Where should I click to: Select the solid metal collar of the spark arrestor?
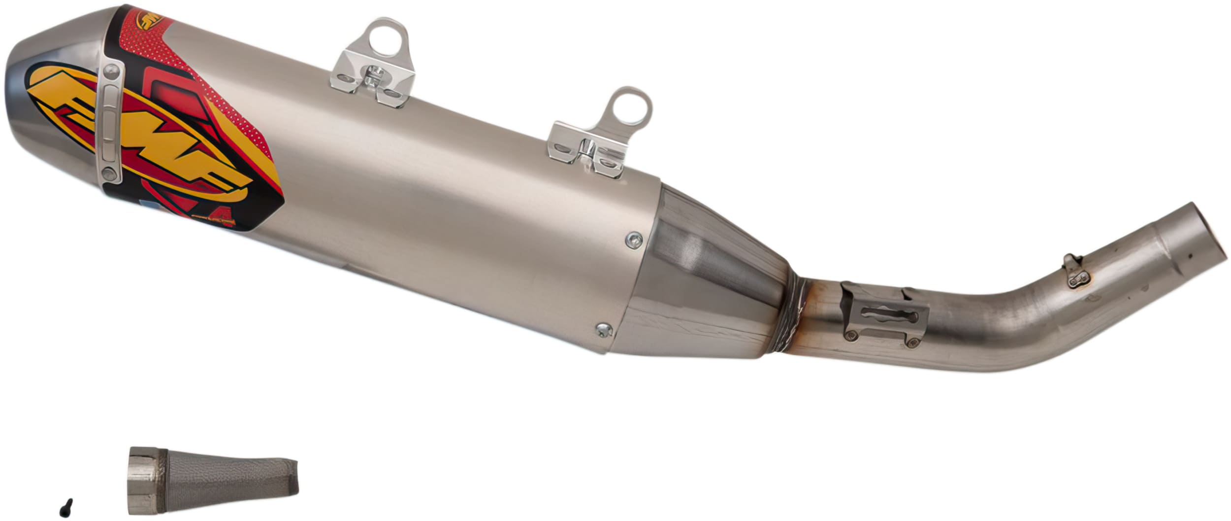pyautogui.click(x=142, y=482)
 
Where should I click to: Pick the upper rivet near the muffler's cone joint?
pyautogui.click(x=634, y=240)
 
